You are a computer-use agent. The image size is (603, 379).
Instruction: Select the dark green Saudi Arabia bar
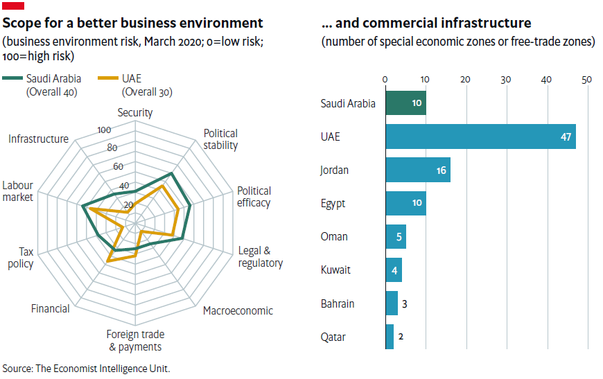click(x=405, y=103)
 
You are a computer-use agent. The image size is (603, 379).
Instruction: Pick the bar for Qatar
click(x=389, y=337)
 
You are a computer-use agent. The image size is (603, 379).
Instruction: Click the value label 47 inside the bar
click(x=566, y=137)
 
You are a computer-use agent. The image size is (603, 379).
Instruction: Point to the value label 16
click(x=442, y=170)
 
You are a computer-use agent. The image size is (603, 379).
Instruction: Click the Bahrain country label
click(x=338, y=303)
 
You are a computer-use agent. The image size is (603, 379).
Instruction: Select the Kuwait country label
click(x=335, y=270)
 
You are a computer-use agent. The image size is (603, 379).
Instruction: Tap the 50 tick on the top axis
click(x=587, y=80)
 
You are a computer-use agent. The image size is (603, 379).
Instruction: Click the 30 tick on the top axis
click(x=506, y=80)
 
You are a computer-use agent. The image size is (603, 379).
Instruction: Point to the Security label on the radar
click(x=135, y=112)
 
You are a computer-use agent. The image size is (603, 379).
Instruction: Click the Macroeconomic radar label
click(x=238, y=310)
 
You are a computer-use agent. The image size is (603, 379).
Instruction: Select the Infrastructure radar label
click(x=39, y=139)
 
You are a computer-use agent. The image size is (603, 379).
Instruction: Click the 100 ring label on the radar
click(x=105, y=130)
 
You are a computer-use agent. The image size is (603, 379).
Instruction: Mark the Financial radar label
click(x=50, y=308)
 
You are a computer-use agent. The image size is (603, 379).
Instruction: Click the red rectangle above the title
click(x=14, y=6)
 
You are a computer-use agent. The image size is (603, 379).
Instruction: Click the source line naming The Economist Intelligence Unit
click(x=86, y=369)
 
